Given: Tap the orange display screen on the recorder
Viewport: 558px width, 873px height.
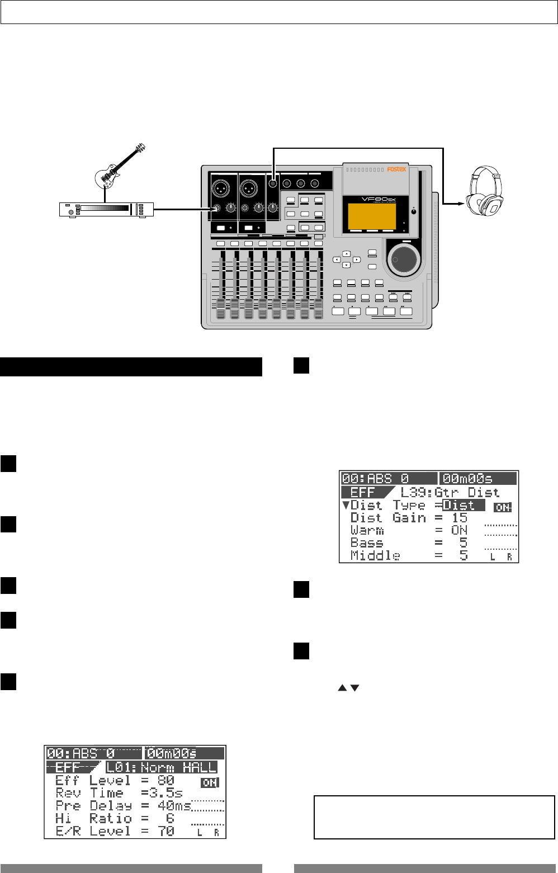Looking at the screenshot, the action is pyautogui.click(x=372, y=216).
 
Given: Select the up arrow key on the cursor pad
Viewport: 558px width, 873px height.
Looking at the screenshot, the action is pyautogui.click(x=346, y=253).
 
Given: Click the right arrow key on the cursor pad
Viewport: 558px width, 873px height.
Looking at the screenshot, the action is pyautogui.click(x=356, y=259).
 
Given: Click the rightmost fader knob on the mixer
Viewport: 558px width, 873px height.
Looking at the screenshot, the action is pyautogui.click(x=318, y=308).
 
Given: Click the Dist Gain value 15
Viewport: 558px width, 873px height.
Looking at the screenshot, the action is pyautogui.click(x=460, y=518).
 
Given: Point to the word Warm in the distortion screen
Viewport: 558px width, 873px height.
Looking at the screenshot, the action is pyautogui.click(x=367, y=530).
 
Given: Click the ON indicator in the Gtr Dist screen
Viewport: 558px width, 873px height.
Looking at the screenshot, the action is pyautogui.click(x=503, y=507).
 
